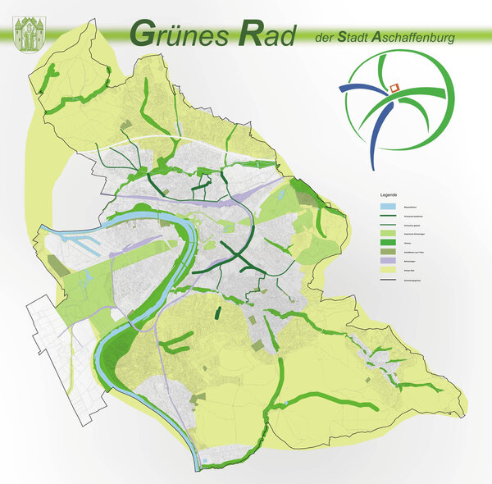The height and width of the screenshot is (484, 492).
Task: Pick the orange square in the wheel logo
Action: point(394,85)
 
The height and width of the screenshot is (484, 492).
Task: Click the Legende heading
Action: point(388,194)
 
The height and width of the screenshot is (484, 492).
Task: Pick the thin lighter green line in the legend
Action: point(389,225)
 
